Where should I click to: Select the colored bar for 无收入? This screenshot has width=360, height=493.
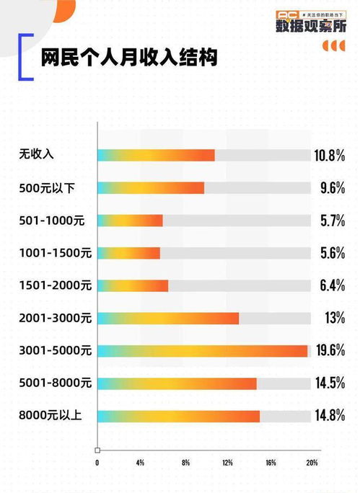(156, 155)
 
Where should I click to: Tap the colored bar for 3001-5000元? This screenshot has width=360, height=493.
(202, 351)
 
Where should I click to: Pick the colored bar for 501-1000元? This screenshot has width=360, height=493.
(130, 221)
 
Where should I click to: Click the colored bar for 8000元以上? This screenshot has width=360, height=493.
(178, 416)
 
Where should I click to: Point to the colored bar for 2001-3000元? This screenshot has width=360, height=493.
(167, 318)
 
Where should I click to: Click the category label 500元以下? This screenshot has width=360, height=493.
(48, 188)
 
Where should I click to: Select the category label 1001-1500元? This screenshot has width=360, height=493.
(55, 253)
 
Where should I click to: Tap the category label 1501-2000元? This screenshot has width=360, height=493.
(55, 285)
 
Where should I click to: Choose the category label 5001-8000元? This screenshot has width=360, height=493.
(55, 383)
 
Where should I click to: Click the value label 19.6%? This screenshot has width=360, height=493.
(329, 351)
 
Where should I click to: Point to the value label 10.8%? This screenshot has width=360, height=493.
(329, 155)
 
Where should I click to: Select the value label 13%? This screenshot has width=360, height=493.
(334, 318)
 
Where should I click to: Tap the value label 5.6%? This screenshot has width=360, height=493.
(332, 253)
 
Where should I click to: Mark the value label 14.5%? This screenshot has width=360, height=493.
(329, 383)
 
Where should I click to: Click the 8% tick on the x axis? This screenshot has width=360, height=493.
(185, 462)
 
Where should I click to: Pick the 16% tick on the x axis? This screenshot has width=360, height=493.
(271, 462)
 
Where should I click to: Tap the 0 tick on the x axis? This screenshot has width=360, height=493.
(97, 462)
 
